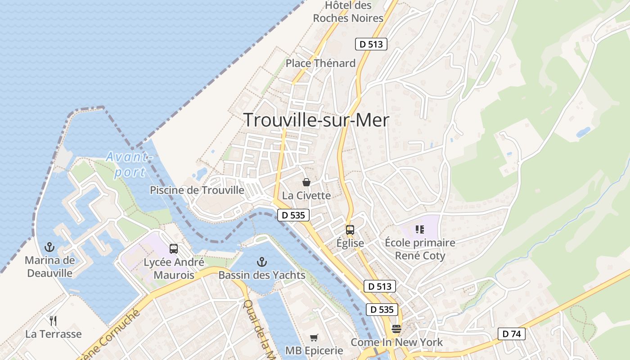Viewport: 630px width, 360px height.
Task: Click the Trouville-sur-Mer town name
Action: coord(316,120)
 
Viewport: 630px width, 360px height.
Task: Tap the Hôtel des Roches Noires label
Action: coord(348,12)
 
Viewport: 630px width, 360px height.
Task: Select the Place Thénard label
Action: coord(320,63)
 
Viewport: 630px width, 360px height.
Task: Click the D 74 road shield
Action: coord(512,334)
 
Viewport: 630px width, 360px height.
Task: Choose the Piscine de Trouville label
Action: coord(197,190)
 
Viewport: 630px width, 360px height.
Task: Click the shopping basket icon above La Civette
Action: coord(306,182)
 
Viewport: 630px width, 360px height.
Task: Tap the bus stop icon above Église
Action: coord(350,230)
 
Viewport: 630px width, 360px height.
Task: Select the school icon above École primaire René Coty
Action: coord(420,229)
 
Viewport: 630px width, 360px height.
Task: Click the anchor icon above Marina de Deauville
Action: coord(49,247)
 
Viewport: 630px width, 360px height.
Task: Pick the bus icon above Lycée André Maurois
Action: coord(173,248)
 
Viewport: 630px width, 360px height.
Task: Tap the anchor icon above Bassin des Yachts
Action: coord(261,261)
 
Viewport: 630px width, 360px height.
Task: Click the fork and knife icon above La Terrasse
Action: coord(53,320)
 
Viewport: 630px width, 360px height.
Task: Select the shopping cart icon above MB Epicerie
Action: coord(314,337)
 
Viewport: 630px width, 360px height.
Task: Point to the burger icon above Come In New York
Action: coord(396,328)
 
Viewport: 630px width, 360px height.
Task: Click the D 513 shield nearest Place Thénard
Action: coord(371,44)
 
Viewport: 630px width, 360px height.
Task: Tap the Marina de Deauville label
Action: coord(49,266)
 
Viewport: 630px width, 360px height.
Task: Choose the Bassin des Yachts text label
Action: coord(261,275)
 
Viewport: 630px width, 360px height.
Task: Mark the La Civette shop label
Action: coord(306,196)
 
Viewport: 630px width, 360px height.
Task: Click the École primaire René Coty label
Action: coord(420,249)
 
